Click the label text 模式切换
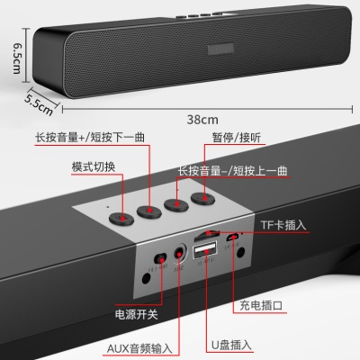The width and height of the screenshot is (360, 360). click(94, 168)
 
